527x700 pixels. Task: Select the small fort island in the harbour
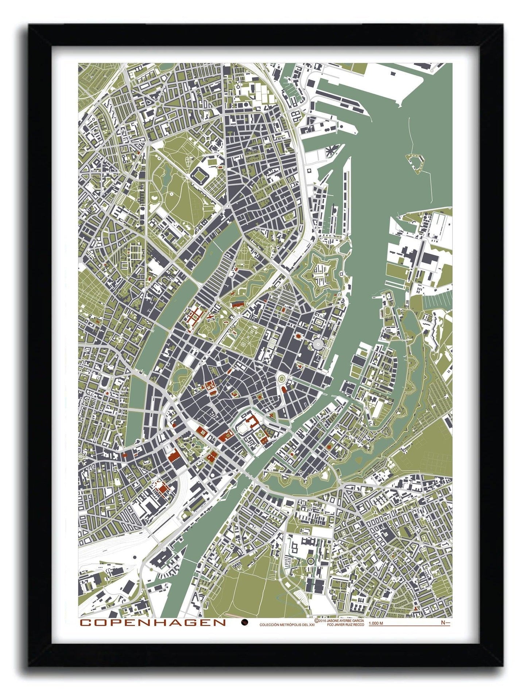415,161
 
